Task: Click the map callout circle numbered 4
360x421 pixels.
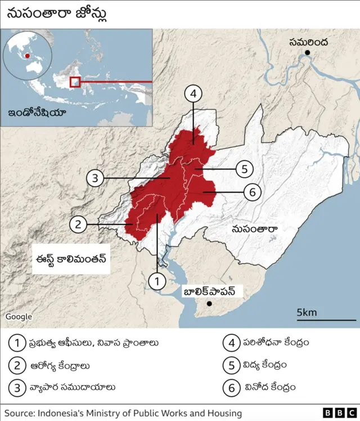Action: [193, 94]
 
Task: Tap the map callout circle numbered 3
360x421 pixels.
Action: [96, 179]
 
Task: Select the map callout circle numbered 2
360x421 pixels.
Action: [78, 225]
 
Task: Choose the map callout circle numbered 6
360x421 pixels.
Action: [253, 192]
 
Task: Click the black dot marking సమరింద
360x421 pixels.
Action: [308, 53]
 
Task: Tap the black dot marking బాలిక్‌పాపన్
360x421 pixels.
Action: [209, 304]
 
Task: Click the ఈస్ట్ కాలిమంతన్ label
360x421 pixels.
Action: [70, 259]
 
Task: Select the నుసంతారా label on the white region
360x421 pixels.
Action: [256, 229]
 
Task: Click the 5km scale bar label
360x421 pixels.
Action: [307, 312]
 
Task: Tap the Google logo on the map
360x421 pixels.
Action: [19, 317]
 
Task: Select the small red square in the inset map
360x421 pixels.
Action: [75, 82]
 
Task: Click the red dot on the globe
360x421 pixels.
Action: [27, 56]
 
